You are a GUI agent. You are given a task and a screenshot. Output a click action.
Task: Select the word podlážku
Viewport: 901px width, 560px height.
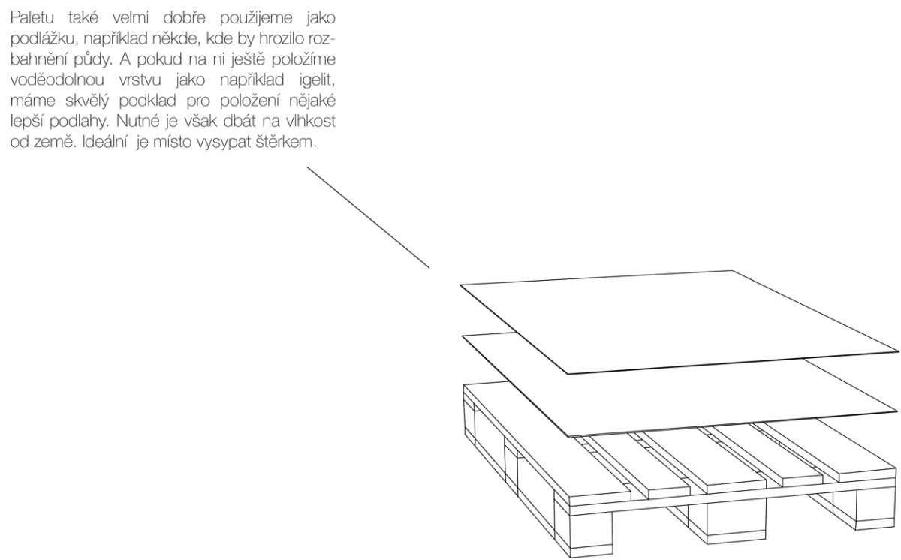[43, 39]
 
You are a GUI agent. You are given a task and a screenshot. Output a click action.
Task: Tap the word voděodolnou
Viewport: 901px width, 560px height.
[57, 80]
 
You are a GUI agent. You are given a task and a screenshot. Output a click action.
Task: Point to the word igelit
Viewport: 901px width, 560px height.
[317, 80]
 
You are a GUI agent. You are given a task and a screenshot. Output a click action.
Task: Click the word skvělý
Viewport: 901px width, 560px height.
[87, 101]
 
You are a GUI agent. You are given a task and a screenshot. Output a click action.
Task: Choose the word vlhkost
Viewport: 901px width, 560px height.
[311, 121]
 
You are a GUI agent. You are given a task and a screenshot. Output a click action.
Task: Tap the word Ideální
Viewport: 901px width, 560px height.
[105, 142]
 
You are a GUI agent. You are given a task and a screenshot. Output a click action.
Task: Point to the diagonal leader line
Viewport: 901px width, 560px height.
[368, 218]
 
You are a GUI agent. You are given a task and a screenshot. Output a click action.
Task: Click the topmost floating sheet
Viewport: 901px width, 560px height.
[680, 321]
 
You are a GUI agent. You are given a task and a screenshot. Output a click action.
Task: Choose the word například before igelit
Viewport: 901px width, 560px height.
[252, 80]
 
